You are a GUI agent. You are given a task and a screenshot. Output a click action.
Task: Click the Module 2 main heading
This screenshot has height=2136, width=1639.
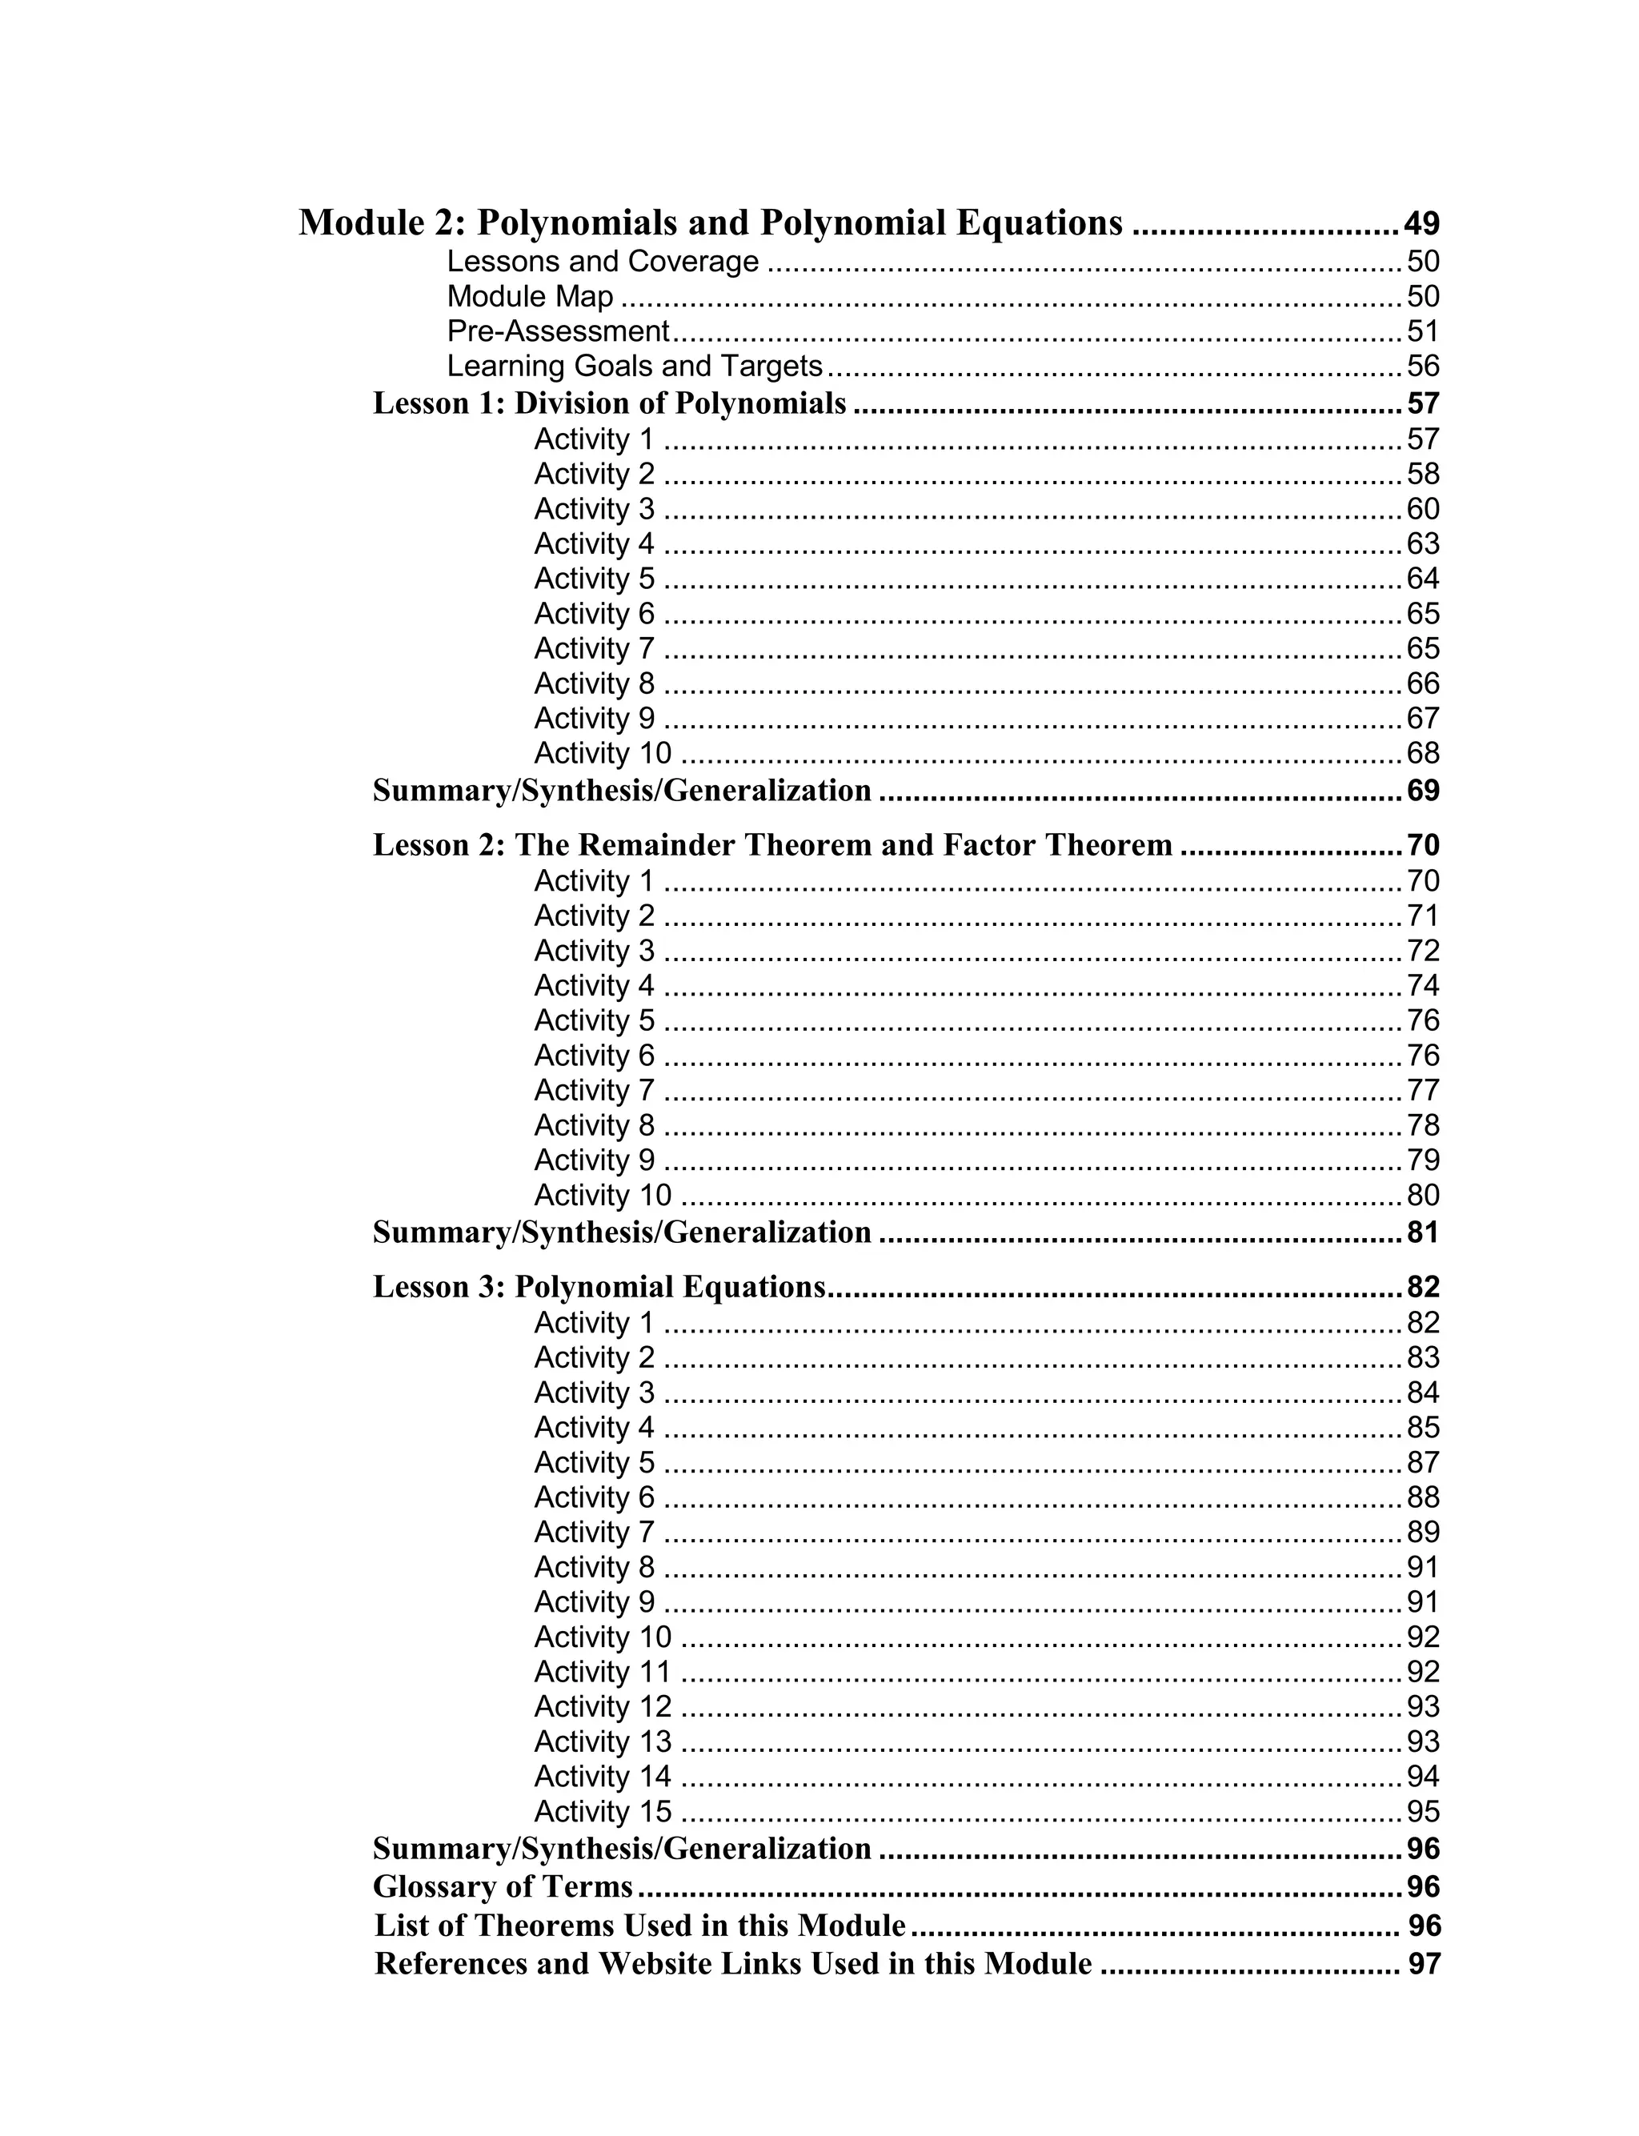[x=710, y=223]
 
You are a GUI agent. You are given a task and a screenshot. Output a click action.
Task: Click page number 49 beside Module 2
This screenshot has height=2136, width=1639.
[x=1421, y=224]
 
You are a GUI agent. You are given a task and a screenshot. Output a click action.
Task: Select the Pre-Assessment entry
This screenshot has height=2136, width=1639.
[x=558, y=331]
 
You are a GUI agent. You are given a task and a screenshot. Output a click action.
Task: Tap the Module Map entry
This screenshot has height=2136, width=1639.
[x=530, y=296]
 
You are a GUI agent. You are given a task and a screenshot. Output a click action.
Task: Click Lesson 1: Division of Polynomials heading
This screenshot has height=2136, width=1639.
[x=610, y=404]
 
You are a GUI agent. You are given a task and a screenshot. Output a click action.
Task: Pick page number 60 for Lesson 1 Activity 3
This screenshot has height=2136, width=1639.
[x=1422, y=509]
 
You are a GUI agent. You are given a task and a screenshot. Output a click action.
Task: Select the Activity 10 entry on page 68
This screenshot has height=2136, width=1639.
[x=602, y=753]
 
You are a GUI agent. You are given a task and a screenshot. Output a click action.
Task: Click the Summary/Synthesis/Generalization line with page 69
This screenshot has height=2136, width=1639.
[x=623, y=791]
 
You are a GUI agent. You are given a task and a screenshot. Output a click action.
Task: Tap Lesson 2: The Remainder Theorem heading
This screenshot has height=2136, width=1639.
[x=772, y=844]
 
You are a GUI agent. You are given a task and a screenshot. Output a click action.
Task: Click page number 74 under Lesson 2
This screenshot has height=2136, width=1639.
[x=1422, y=985]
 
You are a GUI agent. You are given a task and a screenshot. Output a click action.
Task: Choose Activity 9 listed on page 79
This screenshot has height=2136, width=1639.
[x=594, y=1160]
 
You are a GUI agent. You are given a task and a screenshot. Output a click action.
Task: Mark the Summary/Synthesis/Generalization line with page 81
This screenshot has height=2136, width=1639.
[x=623, y=1232]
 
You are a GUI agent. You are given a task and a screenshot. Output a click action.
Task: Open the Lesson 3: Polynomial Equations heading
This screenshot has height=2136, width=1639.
[x=599, y=1288]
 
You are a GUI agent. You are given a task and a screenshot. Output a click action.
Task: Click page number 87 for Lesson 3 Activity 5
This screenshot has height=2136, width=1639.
[x=1422, y=1462]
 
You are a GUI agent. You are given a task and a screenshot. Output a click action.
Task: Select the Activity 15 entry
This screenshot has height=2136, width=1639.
[x=602, y=1811]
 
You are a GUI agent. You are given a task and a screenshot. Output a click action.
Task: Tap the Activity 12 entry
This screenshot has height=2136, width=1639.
[x=602, y=1706]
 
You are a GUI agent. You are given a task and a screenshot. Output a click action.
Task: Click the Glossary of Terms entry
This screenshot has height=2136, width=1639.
[x=503, y=1887]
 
